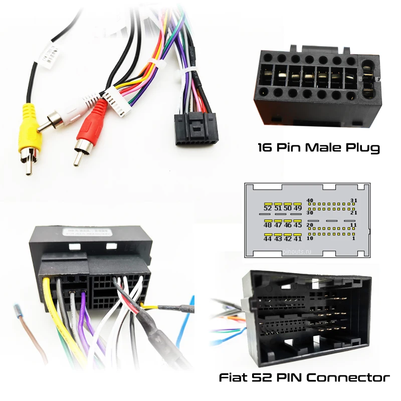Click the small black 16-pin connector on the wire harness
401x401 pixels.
pyautogui.click(x=195, y=129)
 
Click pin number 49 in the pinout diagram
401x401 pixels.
pyautogui.click(x=298, y=208)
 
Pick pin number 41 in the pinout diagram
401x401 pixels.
pyautogui.click(x=298, y=239)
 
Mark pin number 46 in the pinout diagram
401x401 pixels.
pyautogui.click(x=288, y=225)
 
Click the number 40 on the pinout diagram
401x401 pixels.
pyautogui.click(x=310, y=200)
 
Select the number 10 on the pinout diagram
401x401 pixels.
pyautogui.click(x=310, y=238)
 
